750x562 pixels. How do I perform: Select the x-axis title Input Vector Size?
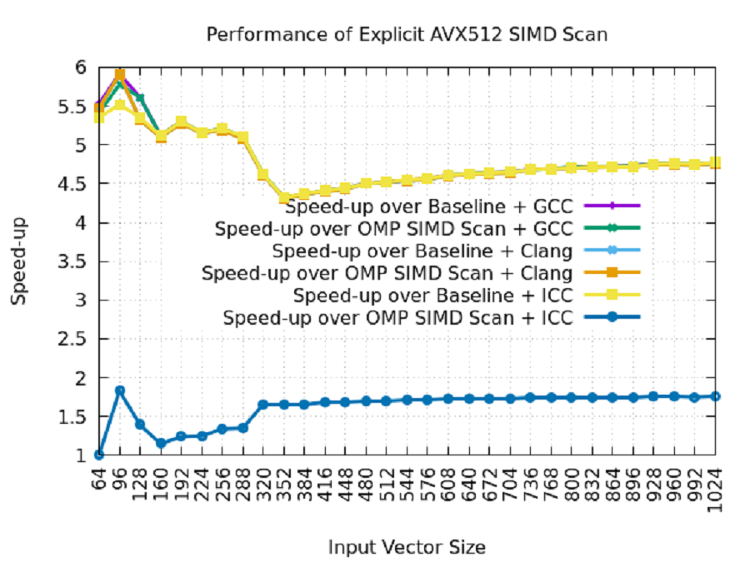[407, 547]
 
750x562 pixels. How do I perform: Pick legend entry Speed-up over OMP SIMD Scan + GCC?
[393, 228]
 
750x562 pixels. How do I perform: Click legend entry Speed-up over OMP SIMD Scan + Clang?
[387, 273]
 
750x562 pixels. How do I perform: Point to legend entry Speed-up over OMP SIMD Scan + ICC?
[397, 318]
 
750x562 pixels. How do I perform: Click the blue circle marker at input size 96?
[120, 390]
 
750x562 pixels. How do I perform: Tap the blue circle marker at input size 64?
[99, 455]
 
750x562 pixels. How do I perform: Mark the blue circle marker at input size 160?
[161, 443]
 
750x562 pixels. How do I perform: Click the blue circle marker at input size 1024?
[715, 396]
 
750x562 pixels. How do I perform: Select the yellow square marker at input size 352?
[284, 198]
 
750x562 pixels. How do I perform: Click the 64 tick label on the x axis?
[99, 476]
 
